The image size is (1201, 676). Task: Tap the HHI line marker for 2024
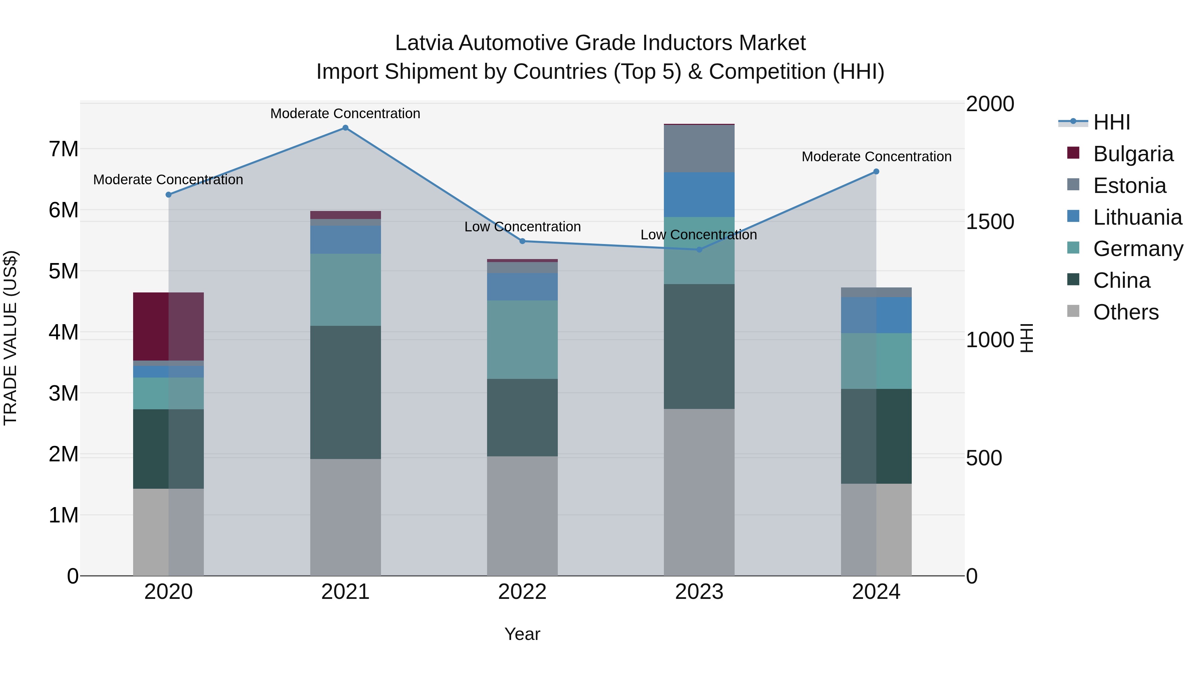click(876, 172)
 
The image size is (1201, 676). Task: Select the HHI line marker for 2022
click(522, 241)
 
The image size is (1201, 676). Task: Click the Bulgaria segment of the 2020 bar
click(168, 326)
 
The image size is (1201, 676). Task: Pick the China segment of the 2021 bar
click(346, 392)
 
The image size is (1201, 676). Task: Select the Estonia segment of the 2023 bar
click(699, 148)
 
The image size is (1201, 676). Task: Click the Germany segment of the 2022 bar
click(522, 340)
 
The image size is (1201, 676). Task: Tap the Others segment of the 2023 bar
click(699, 492)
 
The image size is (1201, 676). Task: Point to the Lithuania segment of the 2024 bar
click(876, 315)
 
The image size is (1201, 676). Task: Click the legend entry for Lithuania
click(1137, 217)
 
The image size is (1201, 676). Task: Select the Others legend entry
click(1126, 312)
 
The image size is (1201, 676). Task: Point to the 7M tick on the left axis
click(63, 149)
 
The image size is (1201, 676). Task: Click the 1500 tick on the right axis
click(989, 222)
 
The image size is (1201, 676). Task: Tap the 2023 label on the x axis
click(699, 592)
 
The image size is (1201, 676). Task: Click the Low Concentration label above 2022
click(522, 227)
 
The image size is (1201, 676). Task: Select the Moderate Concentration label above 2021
click(345, 114)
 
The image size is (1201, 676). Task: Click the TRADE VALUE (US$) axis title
click(10, 338)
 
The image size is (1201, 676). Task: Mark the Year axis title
click(522, 634)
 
